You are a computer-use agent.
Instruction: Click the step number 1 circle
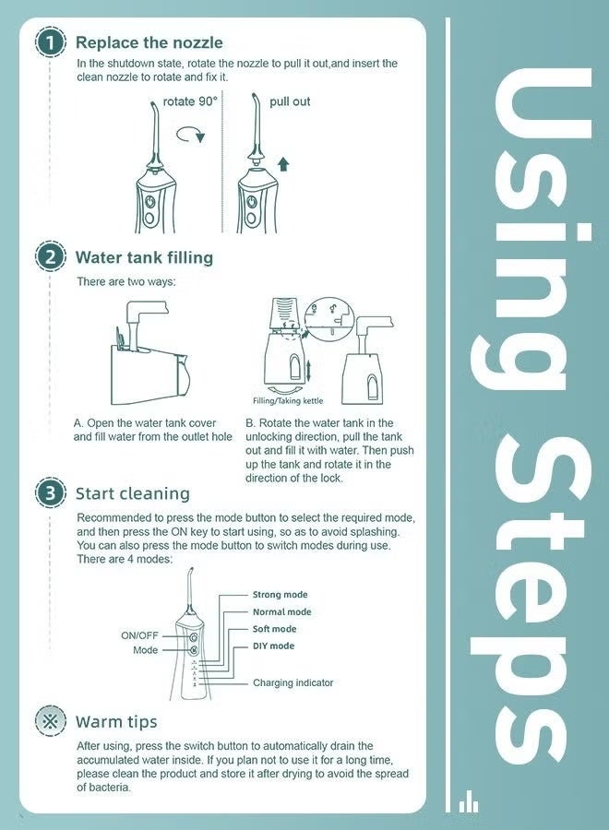[51, 42]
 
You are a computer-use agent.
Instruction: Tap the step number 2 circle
[51, 258]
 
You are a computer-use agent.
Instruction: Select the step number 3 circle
[51, 493]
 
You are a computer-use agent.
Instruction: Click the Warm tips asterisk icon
[51, 721]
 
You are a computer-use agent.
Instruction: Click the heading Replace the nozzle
[149, 42]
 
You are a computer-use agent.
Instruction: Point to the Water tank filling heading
[144, 258]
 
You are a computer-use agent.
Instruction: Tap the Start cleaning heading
[132, 494]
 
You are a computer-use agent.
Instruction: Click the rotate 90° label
[190, 101]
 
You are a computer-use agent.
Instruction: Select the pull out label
[290, 101]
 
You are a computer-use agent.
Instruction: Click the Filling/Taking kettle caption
[288, 401]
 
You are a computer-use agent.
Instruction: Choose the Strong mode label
[281, 595]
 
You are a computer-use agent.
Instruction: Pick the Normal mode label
[281, 612]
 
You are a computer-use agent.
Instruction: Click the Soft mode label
[274, 629]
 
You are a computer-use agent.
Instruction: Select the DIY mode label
[273, 646]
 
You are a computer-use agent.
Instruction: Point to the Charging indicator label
[293, 682]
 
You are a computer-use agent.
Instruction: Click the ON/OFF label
[140, 635]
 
